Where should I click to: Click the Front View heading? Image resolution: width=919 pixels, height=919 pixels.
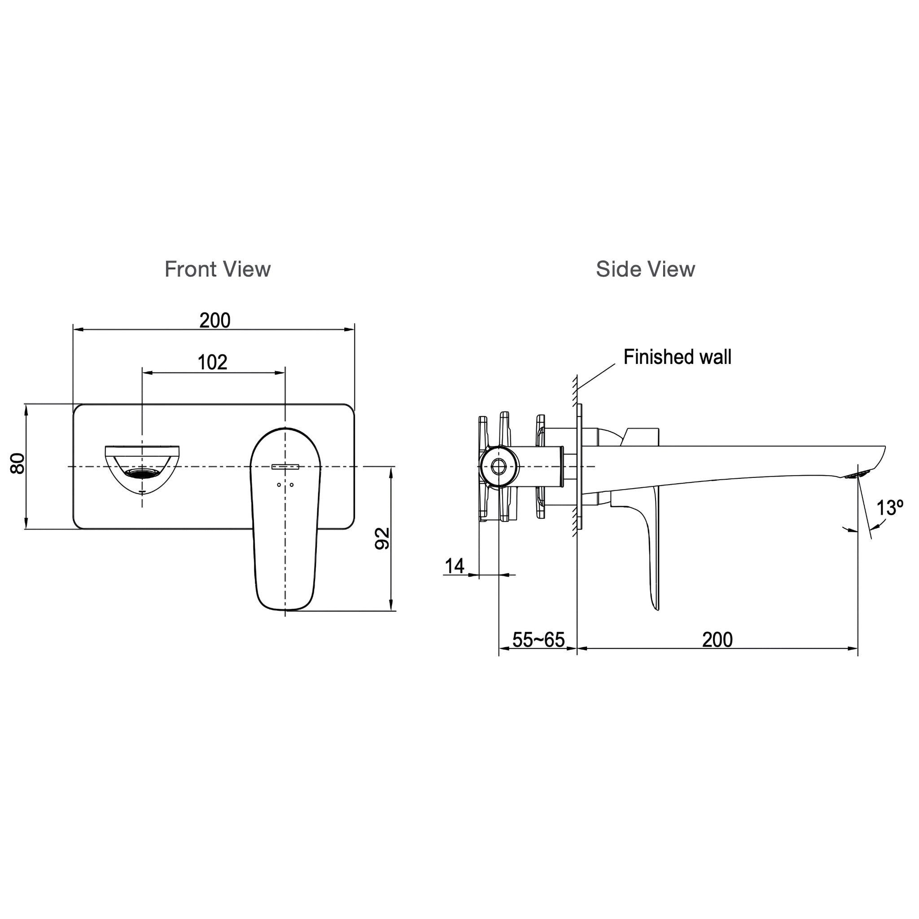pyautogui.click(x=217, y=269)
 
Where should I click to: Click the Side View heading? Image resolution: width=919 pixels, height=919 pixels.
pyautogui.click(x=645, y=269)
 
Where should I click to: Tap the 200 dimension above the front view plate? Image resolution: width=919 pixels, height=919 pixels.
pyautogui.click(x=215, y=320)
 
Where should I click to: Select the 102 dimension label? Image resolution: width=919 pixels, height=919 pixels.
pyautogui.click(x=212, y=363)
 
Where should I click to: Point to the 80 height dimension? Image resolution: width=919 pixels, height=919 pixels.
pyautogui.click(x=18, y=463)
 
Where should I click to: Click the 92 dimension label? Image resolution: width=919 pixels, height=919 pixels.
pyautogui.click(x=382, y=538)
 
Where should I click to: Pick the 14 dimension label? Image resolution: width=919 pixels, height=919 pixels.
pyautogui.click(x=454, y=566)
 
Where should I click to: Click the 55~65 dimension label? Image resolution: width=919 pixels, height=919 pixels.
pyautogui.click(x=538, y=640)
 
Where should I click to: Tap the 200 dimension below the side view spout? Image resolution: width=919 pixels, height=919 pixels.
pyautogui.click(x=718, y=640)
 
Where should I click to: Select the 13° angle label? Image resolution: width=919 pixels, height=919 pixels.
pyautogui.click(x=890, y=508)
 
